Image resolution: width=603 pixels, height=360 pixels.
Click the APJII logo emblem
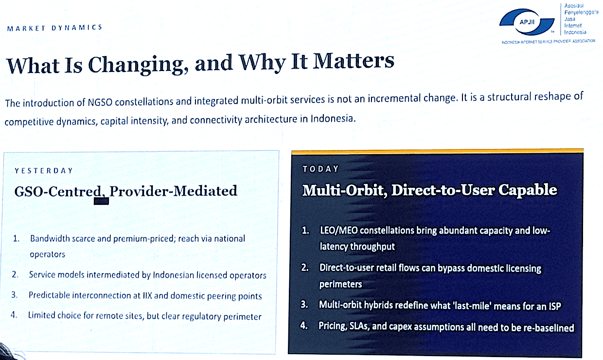527,22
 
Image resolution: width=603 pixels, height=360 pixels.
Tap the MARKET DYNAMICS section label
54,28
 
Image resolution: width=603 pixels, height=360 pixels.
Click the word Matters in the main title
354,61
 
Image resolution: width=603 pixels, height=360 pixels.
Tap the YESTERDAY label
44,171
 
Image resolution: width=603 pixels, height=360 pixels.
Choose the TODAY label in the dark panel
320,169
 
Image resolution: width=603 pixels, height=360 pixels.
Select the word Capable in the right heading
528,190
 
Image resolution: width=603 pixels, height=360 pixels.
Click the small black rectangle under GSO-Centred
101,201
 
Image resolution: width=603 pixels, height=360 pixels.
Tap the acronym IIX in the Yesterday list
147,295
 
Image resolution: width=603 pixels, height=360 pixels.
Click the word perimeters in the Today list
340,284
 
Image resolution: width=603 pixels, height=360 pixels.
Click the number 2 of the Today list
305,268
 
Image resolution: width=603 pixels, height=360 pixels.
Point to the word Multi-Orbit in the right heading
345,190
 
